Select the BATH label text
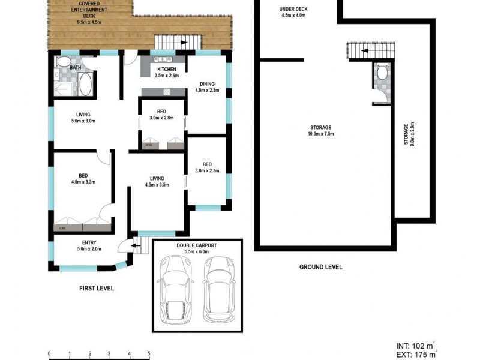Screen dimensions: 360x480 tap(75, 68)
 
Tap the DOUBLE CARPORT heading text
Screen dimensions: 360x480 tap(197, 246)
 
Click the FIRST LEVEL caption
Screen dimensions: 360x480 tap(97, 288)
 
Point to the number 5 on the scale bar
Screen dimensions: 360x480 tap(149, 353)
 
